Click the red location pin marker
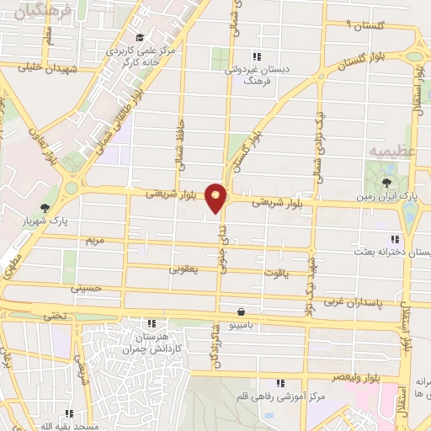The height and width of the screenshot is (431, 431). (216, 198)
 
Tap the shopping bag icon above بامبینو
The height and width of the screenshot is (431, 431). (242, 311)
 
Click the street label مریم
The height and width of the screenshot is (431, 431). (94, 240)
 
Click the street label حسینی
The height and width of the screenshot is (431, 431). (86, 288)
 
